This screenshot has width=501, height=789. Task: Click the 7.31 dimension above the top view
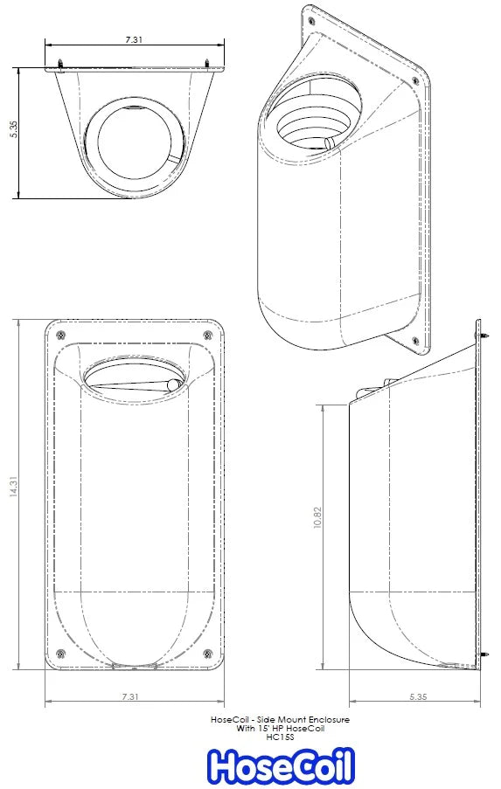(134, 39)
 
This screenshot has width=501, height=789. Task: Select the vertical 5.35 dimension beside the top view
(13, 131)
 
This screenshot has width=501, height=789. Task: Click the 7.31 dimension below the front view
(130, 696)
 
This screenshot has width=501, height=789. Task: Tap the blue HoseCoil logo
(281, 766)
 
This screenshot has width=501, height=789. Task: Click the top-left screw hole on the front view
(59, 336)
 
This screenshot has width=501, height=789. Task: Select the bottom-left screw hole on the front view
(59, 654)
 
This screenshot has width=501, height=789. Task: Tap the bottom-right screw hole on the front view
(208, 654)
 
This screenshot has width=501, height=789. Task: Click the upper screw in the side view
(481, 335)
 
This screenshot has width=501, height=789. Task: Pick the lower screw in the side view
(481, 654)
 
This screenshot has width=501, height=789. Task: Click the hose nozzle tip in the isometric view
(328, 143)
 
